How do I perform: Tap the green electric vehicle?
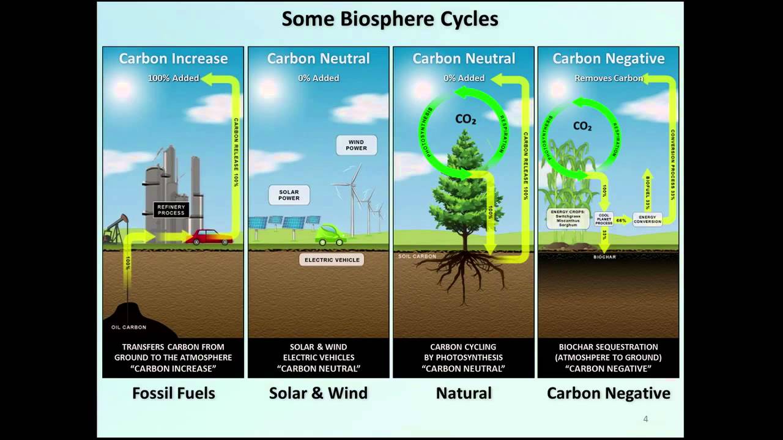click(x=330, y=234)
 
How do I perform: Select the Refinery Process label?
click(x=171, y=210)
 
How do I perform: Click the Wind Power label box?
click(x=356, y=145)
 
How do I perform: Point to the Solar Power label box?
click(x=289, y=195)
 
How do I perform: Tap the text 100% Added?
click(x=174, y=78)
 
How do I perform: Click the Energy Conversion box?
click(x=647, y=219)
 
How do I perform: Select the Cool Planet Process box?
click(x=604, y=219)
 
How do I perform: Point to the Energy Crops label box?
click(x=568, y=218)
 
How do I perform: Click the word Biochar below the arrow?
click(x=604, y=257)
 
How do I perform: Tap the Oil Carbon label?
click(x=128, y=328)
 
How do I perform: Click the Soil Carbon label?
click(x=417, y=256)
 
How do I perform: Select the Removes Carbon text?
click(x=608, y=78)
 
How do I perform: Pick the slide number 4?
click(x=645, y=419)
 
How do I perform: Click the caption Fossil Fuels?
click(x=174, y=393)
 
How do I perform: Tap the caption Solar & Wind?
click(x=318, y=393)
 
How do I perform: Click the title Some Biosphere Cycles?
click(x=390, y=20)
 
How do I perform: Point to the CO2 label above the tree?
click(x=466, y=119)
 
